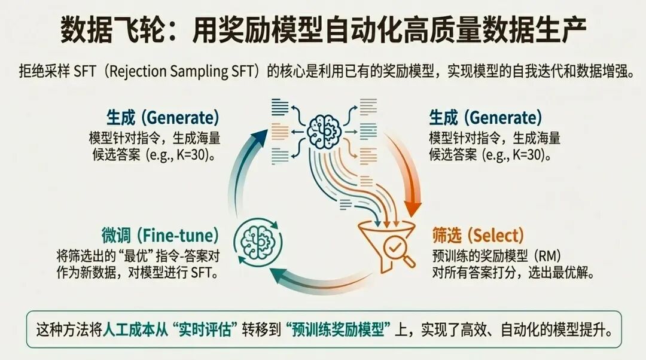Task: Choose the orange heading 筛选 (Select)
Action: (x=477, y=235)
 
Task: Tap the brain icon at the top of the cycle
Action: (x=324, y=127)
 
